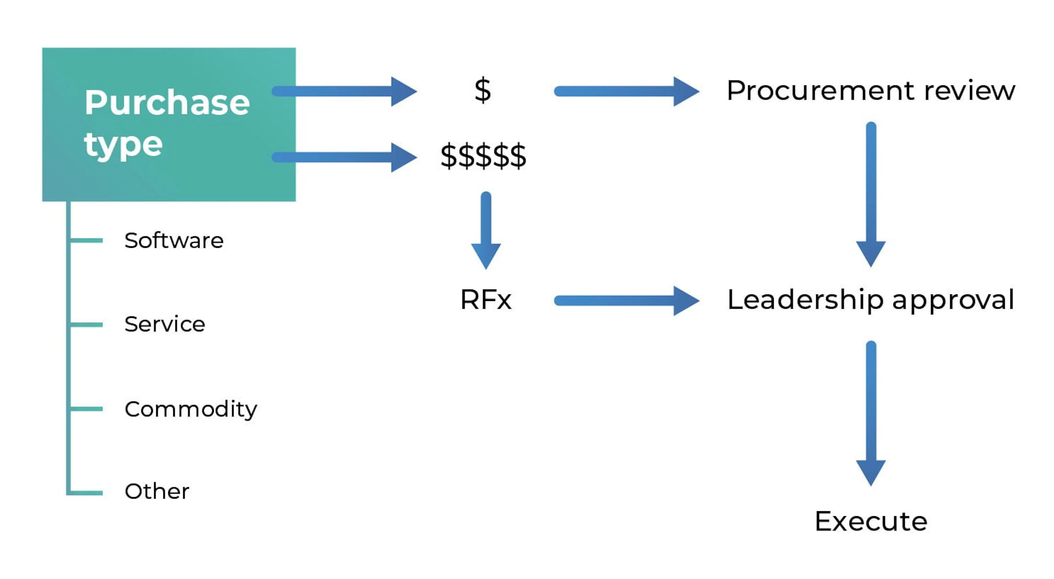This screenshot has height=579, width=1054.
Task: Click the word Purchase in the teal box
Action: click(167, 102)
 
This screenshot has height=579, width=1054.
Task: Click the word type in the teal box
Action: click(123, 145)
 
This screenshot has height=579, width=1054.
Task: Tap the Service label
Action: click(164, 324)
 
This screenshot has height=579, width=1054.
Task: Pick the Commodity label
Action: click(191, 409)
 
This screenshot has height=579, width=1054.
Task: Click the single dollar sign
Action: click(483, 91)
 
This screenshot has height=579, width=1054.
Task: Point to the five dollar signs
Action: click(483, 156)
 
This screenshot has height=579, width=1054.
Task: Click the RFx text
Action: click(486, 300)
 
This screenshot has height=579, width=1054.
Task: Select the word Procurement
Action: click(820, 91)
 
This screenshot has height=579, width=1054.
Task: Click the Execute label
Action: click(871, 522)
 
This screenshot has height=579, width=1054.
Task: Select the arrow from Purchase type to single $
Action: click(344, 91)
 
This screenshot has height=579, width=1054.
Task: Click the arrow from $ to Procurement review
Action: click(626, 91)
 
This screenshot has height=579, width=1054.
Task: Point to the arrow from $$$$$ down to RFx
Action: click(486, 229)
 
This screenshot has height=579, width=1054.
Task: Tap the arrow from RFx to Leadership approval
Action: click(626, 301)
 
